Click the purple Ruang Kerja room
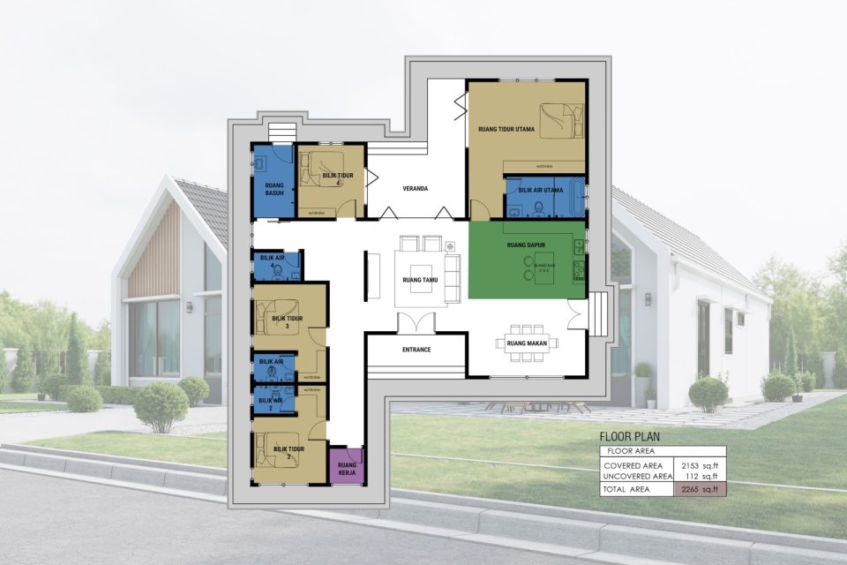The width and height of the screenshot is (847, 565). [345, 466]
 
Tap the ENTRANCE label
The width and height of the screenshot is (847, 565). [416, 350]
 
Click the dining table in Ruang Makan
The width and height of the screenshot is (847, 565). [528, 344]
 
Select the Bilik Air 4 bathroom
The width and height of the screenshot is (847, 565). [277, 266]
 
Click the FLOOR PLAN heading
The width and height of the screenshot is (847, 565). [629, 436]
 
